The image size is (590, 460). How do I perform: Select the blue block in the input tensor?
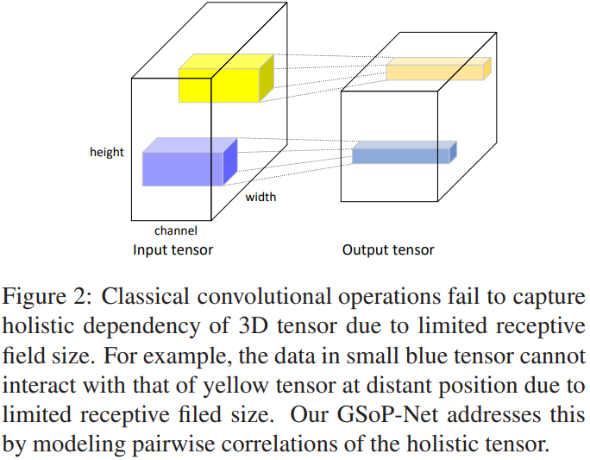click(x=183, y=165)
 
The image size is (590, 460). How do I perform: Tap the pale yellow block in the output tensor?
click(x=435, y=71)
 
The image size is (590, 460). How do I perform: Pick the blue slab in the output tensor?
click(x=400, y=154)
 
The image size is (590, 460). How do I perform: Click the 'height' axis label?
click(x=107, y=153)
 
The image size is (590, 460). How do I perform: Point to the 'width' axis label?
click(x=260, y=198)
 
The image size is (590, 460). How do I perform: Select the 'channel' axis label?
click(x=176, y=230)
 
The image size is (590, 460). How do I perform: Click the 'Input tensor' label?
click(x=173, y=250)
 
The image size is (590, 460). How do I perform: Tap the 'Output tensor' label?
click(x=388, y=250)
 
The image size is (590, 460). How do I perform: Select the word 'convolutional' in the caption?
click(x=254, y=298)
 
